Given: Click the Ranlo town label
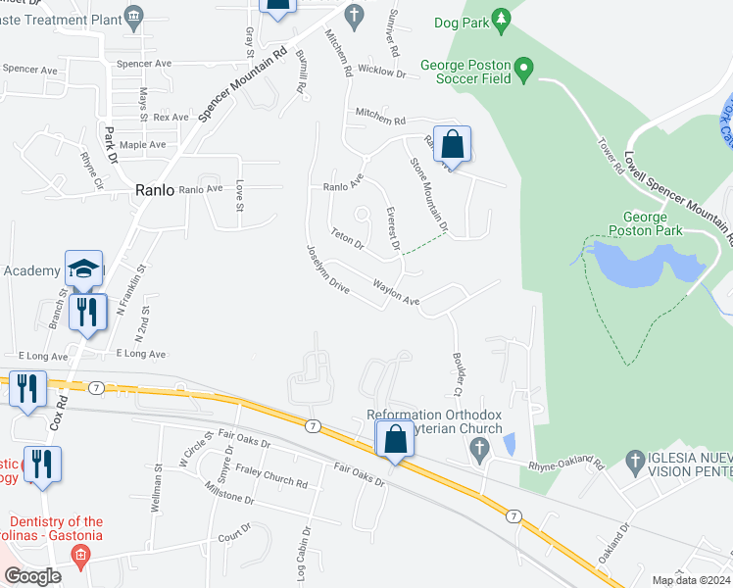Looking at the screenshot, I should (155, 191).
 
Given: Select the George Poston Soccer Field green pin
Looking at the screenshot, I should (523, 70).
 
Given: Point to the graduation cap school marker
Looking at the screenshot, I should (84, 269).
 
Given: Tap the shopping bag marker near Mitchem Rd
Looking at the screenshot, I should (452, 145).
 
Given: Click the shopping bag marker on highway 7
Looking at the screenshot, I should (395, 440).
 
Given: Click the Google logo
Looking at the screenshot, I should (32, 576).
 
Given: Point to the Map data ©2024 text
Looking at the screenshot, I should (691, 580).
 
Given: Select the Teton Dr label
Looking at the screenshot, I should (348, 237).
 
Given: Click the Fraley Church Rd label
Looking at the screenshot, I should (271, 476).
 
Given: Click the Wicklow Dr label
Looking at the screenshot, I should (381, 72).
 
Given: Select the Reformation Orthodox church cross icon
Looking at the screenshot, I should (478, 451).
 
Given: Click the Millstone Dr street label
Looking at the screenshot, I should (229, 492).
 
